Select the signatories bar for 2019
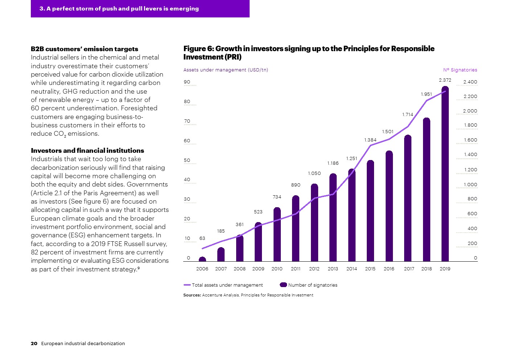445,174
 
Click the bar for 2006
202,259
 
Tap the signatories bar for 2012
314,223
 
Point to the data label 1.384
370,140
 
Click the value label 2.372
445,80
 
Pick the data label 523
258,212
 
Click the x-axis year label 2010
277,269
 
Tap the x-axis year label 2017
409,269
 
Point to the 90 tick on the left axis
187,82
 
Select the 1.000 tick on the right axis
470,185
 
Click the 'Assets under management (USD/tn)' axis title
226,70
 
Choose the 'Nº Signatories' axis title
460,70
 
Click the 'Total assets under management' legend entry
223,285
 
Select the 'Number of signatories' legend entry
309,285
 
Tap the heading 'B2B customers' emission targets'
85,49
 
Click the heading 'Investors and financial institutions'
87,151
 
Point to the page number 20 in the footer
34,344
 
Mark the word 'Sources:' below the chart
192,295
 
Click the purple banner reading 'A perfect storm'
140,9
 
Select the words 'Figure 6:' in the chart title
198,49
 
